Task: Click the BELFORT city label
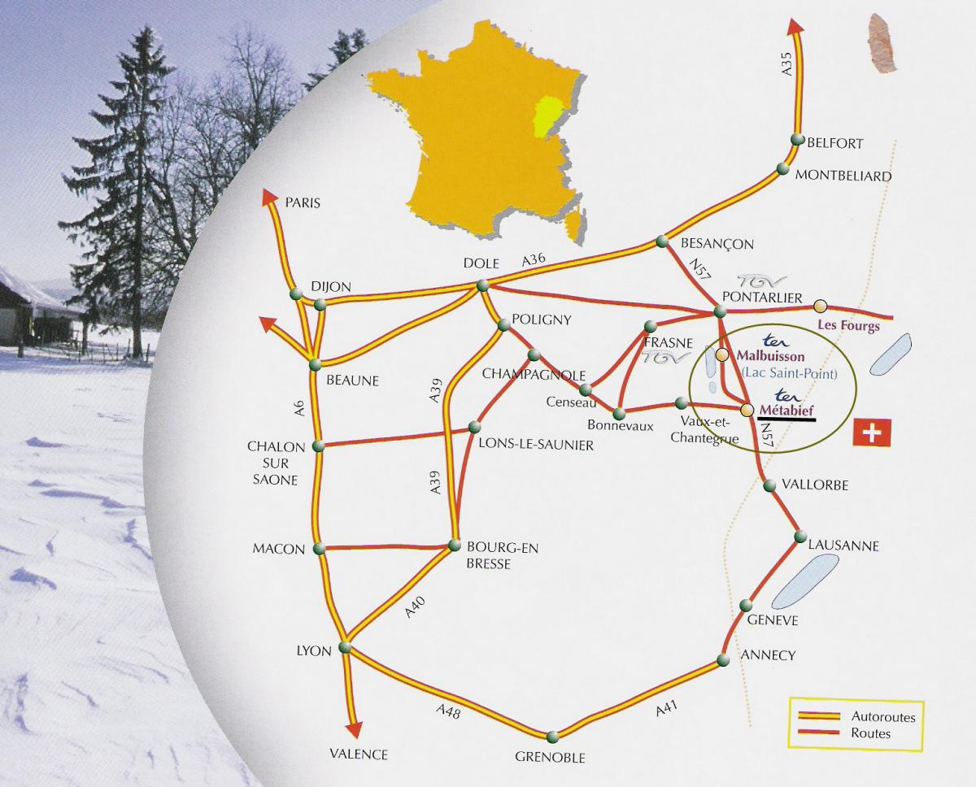tap(835, 143)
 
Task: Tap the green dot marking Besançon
tap(661, 241)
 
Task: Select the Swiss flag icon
tap(872, 433)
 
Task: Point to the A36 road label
tap(534, 260)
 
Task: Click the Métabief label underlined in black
tap(786, 410)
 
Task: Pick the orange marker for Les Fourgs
tap(821, 306)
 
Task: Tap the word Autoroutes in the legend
tap(883, 717)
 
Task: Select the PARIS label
tap(303, 202)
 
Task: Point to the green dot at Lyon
tap(344, 647)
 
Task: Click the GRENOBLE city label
tap(550, 758)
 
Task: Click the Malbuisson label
tap(770, 356)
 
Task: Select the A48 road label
tap(448, 714)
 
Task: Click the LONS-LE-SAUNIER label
tap(537, 445)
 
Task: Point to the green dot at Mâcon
tap(319, 549)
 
